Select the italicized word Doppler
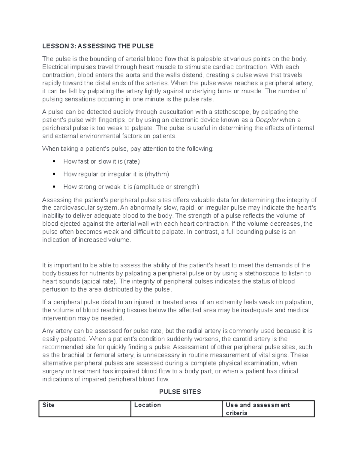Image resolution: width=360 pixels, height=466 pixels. tap(267, 120)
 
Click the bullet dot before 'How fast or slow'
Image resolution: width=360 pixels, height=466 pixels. tap(54, 161)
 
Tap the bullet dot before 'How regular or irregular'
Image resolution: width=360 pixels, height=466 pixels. tap(54, 174)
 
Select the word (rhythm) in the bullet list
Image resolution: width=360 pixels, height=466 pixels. tap(157, 174)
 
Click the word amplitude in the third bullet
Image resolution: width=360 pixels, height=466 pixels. tap(150, 187)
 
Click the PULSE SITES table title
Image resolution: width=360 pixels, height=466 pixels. tap(180, 392)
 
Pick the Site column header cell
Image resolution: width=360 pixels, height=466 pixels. tap(85, 409)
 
